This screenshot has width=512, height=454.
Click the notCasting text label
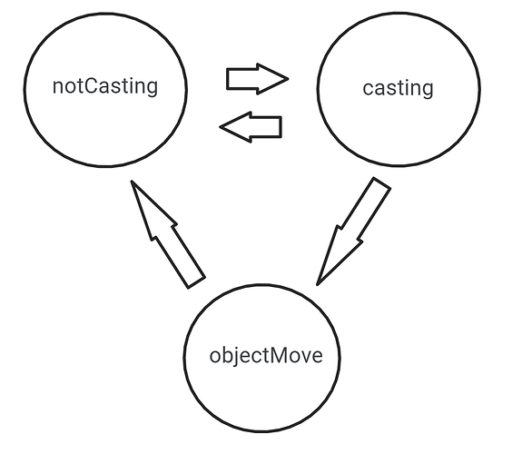pyautogui.click(x=105, y=86)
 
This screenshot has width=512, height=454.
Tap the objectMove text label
pyautogui.click(x=266, y=356)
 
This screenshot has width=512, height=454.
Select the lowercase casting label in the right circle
pyautogui.click(x=398, y=88)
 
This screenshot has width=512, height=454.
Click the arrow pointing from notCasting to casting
pyautogui.click(x=257, y=79)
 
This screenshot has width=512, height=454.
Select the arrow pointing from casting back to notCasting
pyautogui.click(x=251, y=127)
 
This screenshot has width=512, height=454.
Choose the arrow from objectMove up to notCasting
pyautogui.click(x=168, y=234)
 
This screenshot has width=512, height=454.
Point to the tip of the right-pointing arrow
pyautogui.click(x=289, y=79)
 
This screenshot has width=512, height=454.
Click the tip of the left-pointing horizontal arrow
pyautogui.click(x=220, y=127)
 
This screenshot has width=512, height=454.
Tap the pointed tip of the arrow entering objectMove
pyautogui.click(x=318, y=285)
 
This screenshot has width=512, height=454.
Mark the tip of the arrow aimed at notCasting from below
pyautogui.click(x=132, y=181)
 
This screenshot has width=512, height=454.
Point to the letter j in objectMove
pyautogui.click(x=237, y=357)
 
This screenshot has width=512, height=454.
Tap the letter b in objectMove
pyautogui.click(x=228, y=355)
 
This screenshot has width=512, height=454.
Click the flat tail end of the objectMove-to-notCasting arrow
pyautogui.click(x=197, y=283)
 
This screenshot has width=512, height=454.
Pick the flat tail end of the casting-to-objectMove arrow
pyautogui.click(x=382, y=183)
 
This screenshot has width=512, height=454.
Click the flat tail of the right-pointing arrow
pyautogui.click(x=227, y=79)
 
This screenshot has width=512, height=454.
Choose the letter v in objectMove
pyautogui.click(x=304, y=358)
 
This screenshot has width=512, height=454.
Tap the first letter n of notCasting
pyautogui.click(x=57, y=88)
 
